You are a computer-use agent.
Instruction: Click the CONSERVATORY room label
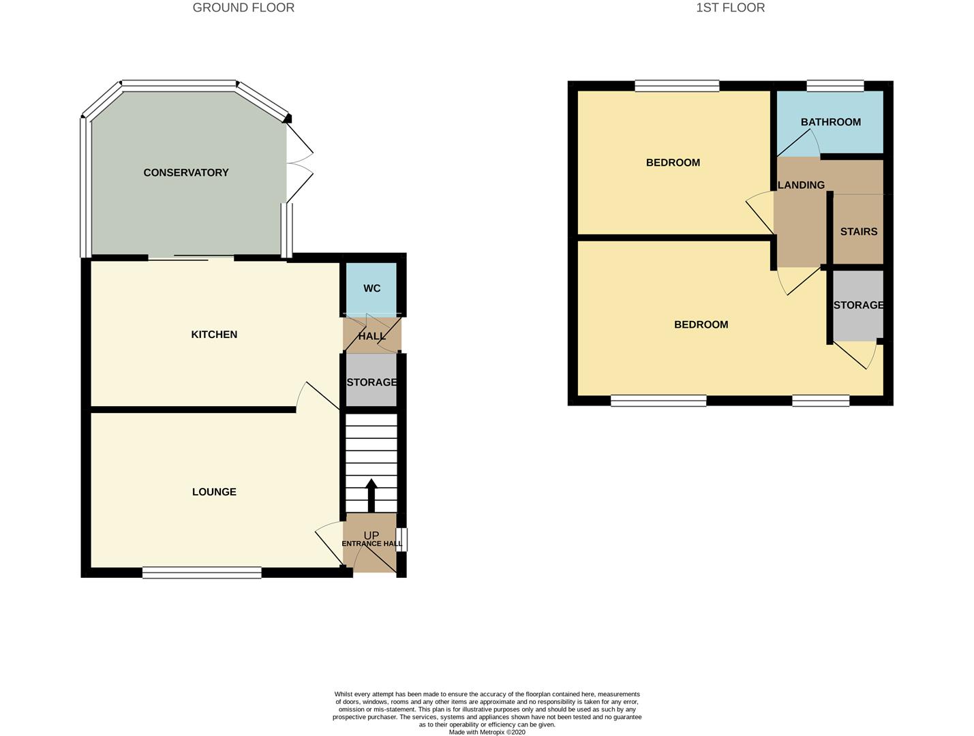click(185, 172)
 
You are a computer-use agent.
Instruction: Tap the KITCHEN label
click(214, 334)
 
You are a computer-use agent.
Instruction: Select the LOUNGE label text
click(214, 491)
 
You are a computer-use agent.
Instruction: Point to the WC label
click(371, 288)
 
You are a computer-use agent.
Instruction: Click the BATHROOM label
click(830, 122)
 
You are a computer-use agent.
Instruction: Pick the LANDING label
click(801, 185)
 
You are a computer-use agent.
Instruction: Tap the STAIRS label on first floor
click(858, 232)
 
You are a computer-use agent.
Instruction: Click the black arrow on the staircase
click(371, 495)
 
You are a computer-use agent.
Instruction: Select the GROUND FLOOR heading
click(243, 7)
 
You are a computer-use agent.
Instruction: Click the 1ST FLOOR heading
click(730, 7)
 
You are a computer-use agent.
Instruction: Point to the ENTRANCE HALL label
click(371, 543)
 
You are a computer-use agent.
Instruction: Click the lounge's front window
click(202, 572)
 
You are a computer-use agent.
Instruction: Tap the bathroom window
click(835, 86)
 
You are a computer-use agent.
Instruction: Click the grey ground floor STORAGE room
click(371, 382)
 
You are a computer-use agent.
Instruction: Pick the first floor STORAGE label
click(858, 305)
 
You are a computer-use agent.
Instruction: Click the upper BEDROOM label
click(673, 162)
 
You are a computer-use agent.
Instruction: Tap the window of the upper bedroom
click(677, 86)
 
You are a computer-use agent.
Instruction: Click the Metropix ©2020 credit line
click(487, 732)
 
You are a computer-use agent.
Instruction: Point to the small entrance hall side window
click(403, 539)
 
